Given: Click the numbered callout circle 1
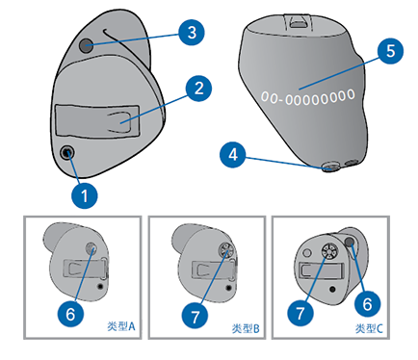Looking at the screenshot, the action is [85, 195].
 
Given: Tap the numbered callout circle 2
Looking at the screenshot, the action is [198, 89].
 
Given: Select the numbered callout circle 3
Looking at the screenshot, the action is [192, 33].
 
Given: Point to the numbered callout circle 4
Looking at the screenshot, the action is [233, 155].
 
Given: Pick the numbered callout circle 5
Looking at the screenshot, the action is [390, 51].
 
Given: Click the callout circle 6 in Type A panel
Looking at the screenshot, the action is [70, 314].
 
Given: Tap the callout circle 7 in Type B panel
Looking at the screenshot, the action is [195, 317].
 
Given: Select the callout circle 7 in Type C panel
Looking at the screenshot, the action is [300, 313].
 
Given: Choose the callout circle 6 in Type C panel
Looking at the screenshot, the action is [368, 303].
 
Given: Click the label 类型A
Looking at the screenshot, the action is [121, 326].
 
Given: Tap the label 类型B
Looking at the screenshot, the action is [246, 328].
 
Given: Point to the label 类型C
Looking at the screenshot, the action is [369, 328].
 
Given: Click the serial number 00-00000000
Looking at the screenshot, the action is [308, 97].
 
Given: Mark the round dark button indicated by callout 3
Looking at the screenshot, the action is [86, 46].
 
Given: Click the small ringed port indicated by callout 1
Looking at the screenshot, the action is [68, 152].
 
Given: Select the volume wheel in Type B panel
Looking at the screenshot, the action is [225, 249].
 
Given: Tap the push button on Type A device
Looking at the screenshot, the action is [91, 247].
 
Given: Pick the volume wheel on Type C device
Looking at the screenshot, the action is [329, 251].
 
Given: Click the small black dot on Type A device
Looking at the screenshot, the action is [101, 286].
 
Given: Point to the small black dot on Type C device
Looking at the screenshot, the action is [332, 290].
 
